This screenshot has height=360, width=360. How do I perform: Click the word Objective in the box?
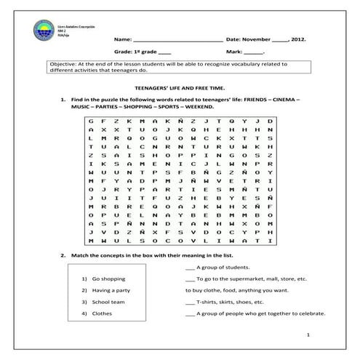point(62,64)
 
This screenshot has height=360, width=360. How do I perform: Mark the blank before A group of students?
point(190,268)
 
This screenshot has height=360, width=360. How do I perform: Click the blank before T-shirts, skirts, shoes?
point(190,302)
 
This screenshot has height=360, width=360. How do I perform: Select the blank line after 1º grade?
point(164,53)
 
